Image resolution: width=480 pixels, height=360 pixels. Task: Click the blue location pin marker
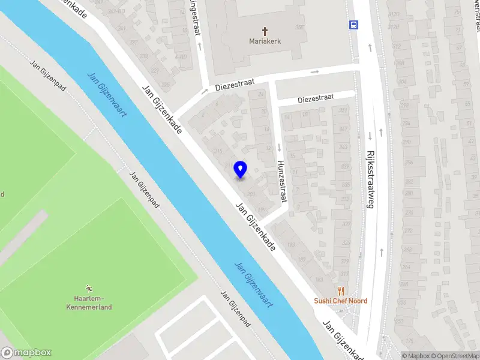point(240,169)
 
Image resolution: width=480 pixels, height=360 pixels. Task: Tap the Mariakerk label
point(265,41)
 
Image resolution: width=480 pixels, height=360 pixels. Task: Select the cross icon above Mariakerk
point(265,31)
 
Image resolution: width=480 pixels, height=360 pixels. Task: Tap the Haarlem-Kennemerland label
point(89,302)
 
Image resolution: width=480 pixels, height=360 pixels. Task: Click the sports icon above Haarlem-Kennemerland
point(89,288)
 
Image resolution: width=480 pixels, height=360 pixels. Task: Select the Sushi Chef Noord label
point(341,301)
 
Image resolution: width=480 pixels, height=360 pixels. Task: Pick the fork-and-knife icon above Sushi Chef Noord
point(341,290)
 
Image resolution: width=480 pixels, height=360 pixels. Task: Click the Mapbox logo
point(26,353)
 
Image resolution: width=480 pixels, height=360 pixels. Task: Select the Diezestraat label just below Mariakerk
point(235,85)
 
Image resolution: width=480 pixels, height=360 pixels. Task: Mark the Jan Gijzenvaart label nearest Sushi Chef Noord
point(254,285)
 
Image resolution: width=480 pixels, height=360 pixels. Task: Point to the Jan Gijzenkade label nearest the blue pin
point(257,227)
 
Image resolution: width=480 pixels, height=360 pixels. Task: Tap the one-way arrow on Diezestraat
point(315,72)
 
